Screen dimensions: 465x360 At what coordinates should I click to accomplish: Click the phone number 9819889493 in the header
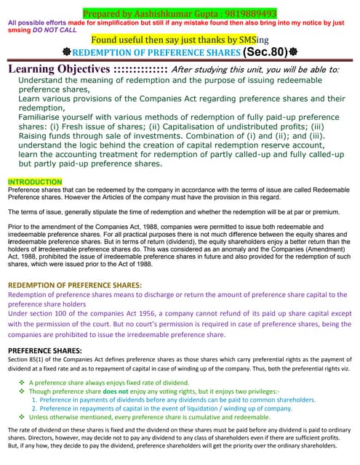coord(248,13)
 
